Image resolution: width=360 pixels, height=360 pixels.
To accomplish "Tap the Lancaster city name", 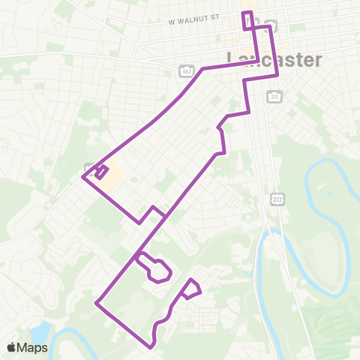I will point(274,60).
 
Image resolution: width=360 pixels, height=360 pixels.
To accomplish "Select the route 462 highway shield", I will point(185,70).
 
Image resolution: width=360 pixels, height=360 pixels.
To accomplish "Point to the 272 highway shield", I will point(274,98).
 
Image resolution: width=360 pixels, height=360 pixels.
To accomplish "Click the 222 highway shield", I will point(277,196).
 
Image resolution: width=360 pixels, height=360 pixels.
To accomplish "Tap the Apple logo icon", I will point(12,347).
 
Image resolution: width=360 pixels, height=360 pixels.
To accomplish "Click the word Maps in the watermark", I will point(33,347).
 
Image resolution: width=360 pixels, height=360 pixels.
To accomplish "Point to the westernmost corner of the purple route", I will point(82,178).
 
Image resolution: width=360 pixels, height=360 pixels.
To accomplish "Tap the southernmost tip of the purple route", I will point(151,347).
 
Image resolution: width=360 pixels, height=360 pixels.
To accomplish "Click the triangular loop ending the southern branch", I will point(191,289).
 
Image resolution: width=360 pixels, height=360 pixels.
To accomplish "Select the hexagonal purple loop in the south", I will point(156,269).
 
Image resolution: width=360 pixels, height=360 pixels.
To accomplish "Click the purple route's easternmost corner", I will point(278,75).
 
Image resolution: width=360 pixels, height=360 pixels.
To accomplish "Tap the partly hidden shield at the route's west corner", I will point(89,168).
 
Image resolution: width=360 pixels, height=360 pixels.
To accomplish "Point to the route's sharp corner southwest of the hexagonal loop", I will point(97,303).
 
